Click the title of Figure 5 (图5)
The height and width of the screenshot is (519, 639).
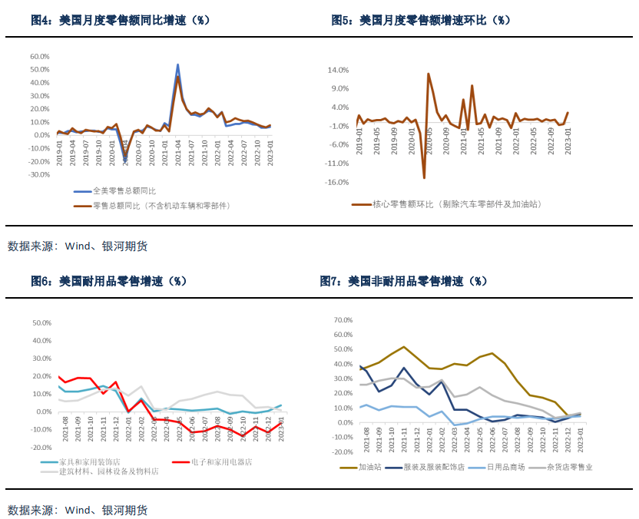pyautogui.click(x=421, y=20)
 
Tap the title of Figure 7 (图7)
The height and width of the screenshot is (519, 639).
pyautogui.click(x=403, y=281)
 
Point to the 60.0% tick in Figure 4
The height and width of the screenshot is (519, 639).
pyautogui.click(x=39, y=56)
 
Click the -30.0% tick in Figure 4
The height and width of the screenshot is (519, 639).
pyautogui.click(x=38, y=175)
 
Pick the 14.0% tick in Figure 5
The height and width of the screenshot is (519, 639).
pyautogui.click(x=339, y=70)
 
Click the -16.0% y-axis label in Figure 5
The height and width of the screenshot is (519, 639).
pyautogui.click(x=338, y=183)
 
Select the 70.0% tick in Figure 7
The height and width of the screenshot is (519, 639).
pyautogui.click(x=342, y=319)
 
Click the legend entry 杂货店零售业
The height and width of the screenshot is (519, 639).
pyautogui.click(x=568, y=466)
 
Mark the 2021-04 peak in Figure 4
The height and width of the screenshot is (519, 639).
pyautogui.click(x=177, y=65)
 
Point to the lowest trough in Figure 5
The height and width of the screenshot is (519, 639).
pyautogui.click(x=424, y=178)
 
